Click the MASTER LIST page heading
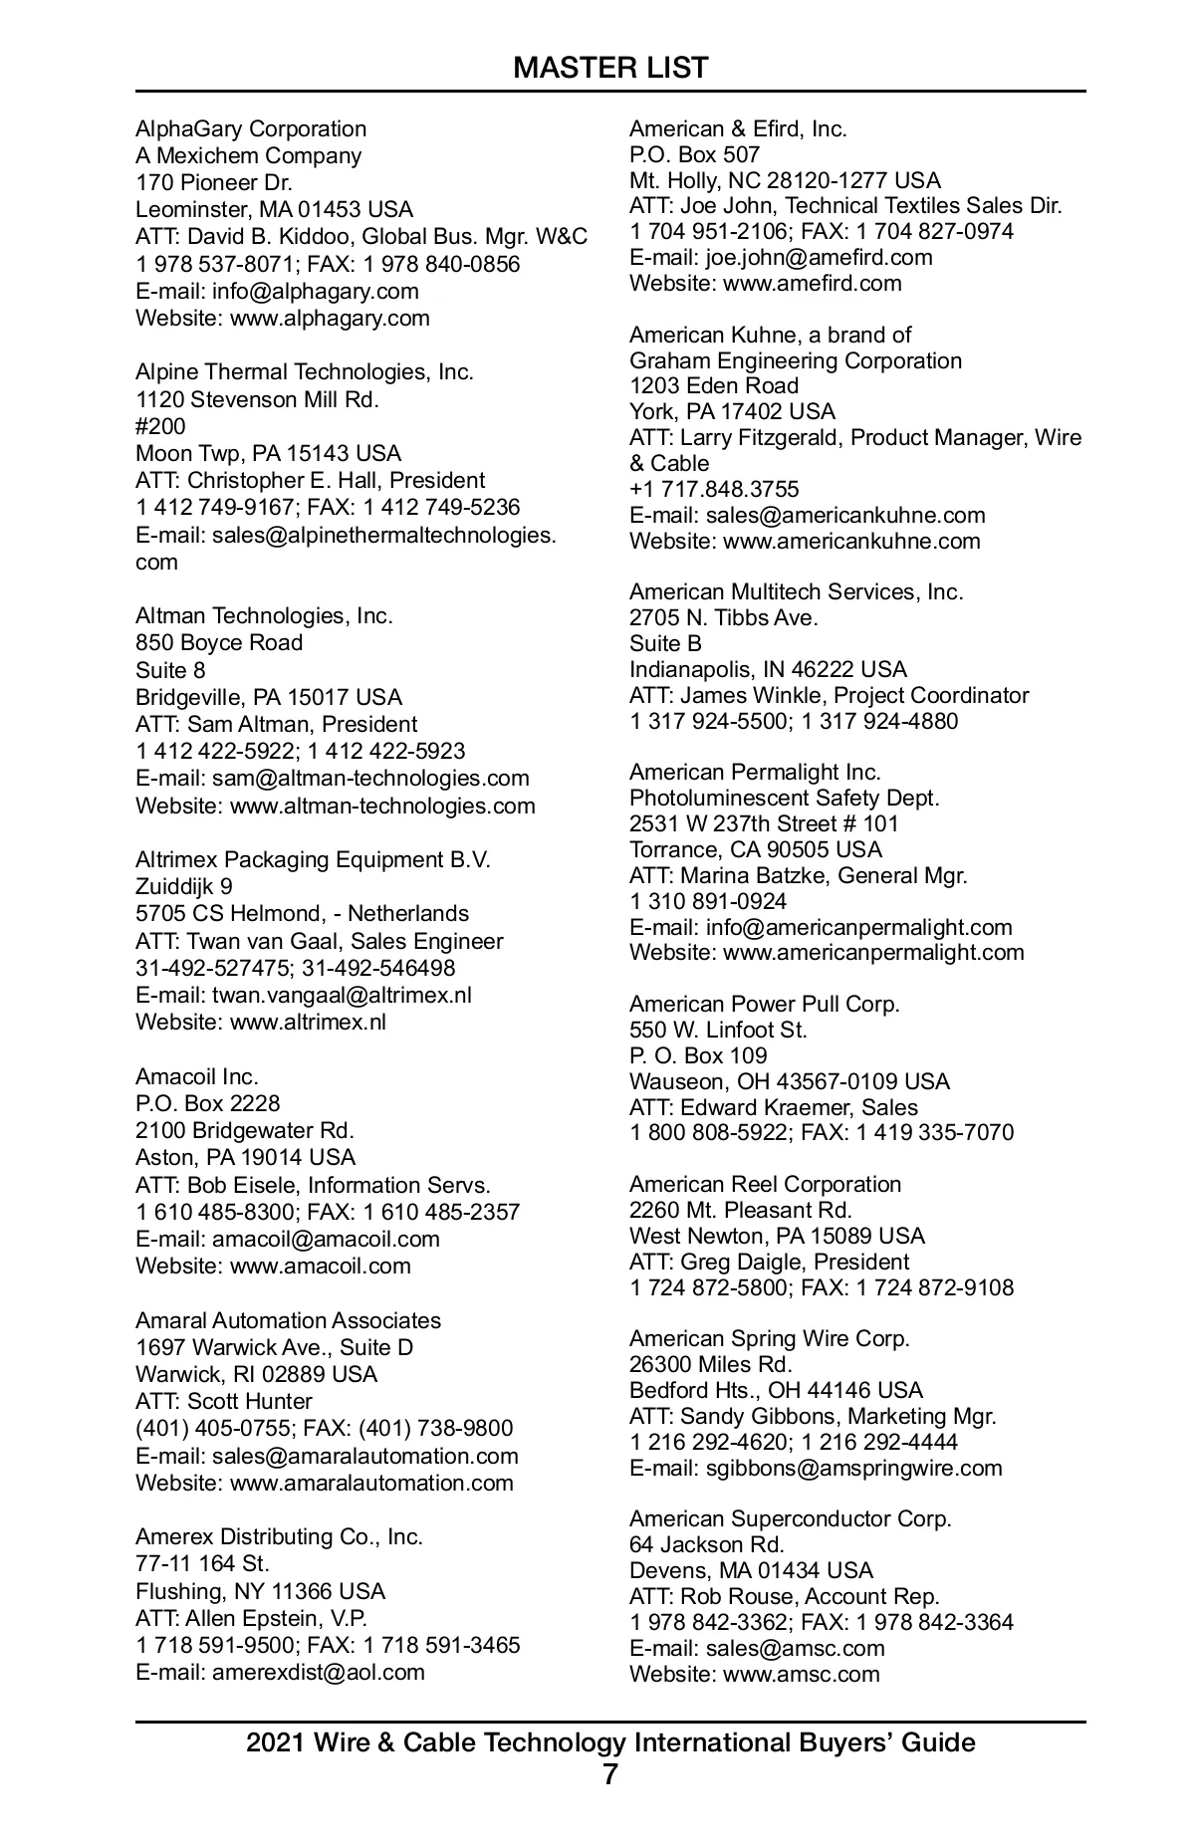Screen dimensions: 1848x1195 [610, 68]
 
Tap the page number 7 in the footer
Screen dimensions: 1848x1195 [610, 1774]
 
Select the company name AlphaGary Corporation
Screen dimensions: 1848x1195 [251, 128]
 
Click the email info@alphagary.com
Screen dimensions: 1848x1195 [315, 291]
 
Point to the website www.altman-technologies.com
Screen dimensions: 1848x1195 [382, 806]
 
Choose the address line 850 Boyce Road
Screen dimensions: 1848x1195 [219, 643]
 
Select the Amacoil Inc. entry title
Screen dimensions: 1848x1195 [197, 1076]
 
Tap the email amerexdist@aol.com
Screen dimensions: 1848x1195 [318, 1672]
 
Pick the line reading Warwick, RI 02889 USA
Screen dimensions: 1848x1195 [257, 1374]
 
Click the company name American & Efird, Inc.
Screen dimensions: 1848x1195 [738, 128]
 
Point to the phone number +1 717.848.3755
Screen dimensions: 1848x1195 [714, 489]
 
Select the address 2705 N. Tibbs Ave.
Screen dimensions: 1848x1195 [723, 617]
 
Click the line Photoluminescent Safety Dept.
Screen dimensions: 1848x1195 [785, 798]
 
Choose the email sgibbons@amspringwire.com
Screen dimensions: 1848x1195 [853, 1468]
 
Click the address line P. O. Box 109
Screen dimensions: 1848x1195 [698, 1055]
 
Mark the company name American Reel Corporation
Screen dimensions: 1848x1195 [765, 1184]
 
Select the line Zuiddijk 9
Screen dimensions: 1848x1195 [184, 886]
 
